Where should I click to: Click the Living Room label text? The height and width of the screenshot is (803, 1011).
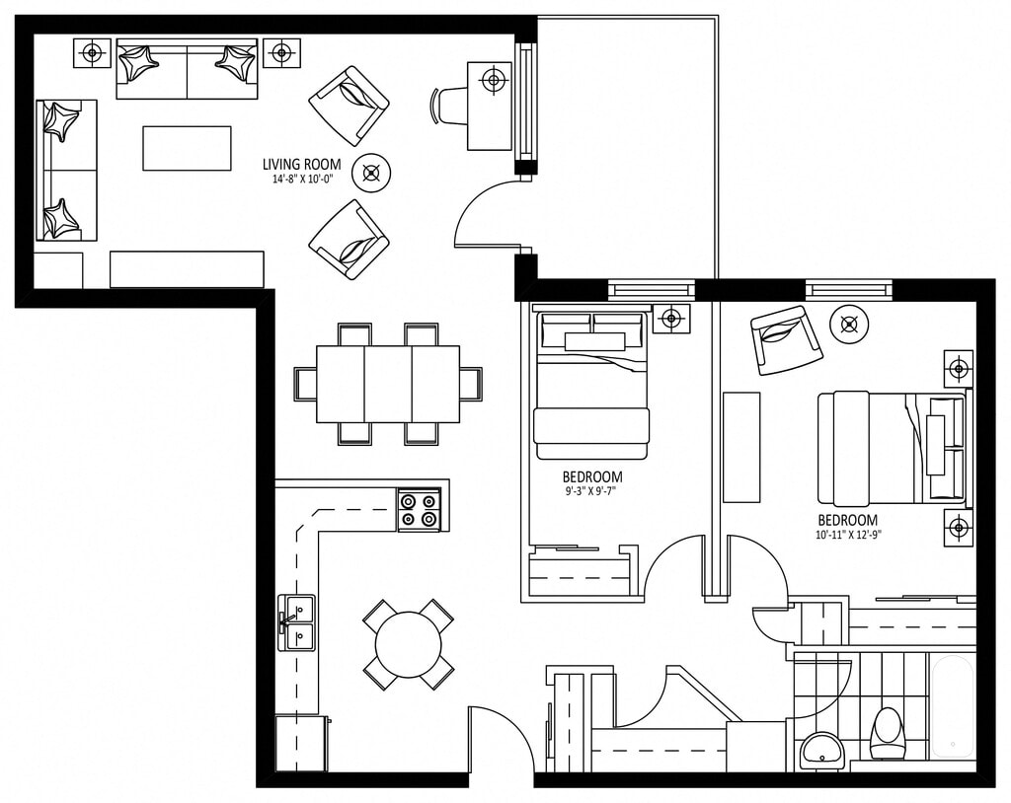(302, 164)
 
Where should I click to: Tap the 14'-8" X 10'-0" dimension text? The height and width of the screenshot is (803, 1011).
(302, 181)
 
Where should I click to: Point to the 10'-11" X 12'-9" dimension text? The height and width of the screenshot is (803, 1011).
(848, 534)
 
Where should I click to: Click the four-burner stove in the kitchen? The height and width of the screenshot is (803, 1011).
(420, 510)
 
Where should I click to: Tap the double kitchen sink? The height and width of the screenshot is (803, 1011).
(296, 622)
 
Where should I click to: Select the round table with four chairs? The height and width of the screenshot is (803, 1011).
(408, 643)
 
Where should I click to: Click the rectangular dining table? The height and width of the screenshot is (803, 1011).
(388, 384)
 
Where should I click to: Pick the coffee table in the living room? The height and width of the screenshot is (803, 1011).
(187, 148)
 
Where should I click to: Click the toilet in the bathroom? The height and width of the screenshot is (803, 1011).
(888, 733)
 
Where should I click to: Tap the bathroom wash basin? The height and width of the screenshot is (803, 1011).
(821, 751)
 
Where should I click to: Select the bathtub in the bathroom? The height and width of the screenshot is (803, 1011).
(953, 705)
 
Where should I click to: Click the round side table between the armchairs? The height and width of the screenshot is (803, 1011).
(372, 173)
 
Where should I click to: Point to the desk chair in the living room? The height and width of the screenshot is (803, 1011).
(447, 105)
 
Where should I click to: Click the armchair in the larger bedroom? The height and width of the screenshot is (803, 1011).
(786, 339)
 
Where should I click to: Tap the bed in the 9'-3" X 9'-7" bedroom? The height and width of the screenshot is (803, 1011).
(590, 386)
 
